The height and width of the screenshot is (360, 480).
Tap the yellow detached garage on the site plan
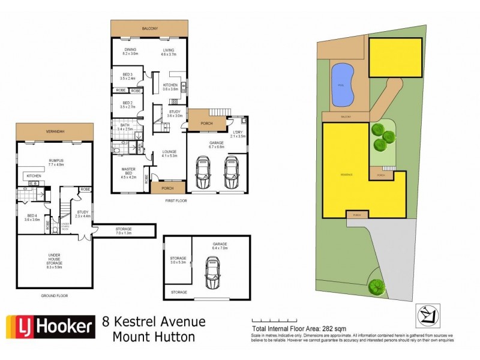[395, 58]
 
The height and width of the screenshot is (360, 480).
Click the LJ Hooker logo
[50, 327]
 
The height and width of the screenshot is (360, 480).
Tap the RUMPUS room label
[55, 161]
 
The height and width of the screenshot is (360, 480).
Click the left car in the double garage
[203, 172]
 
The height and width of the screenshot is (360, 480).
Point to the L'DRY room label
[238, 134]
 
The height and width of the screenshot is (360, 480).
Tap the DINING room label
[130, 52]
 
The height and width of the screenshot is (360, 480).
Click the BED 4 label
[32, 218]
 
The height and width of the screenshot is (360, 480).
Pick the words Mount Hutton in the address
[154, 337]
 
